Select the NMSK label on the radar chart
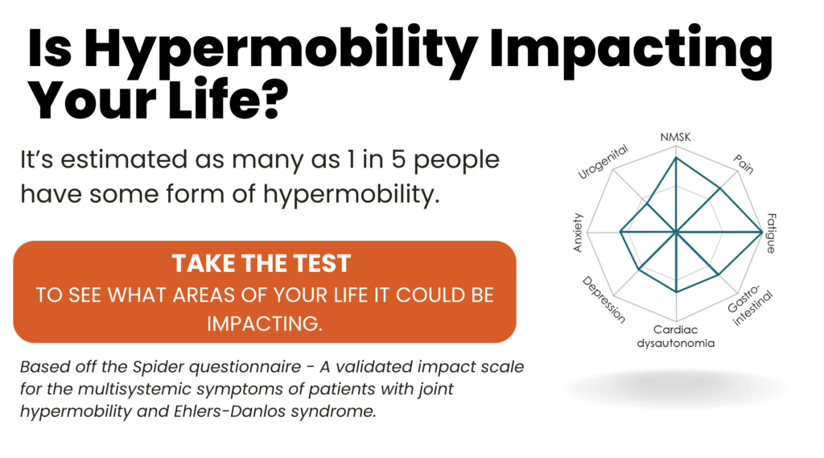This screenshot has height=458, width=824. [675, 138]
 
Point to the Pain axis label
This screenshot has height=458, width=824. [744, 164]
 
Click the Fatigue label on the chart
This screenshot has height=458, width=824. [771, 233]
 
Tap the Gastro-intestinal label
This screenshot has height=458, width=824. [750, 307]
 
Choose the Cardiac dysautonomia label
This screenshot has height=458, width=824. [676, 336]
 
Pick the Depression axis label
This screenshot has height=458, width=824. [604, 299]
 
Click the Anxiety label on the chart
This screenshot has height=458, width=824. [578, 233]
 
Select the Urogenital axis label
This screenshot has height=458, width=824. [603, 162]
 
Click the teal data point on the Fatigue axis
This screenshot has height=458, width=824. [762, 231]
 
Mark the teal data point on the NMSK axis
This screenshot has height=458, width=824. [676, 157]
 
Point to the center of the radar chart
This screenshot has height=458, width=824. [676, 231]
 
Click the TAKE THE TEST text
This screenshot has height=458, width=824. [262, 263]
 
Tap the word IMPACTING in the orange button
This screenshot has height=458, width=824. [264, 324]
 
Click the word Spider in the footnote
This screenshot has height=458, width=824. [158, 367]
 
